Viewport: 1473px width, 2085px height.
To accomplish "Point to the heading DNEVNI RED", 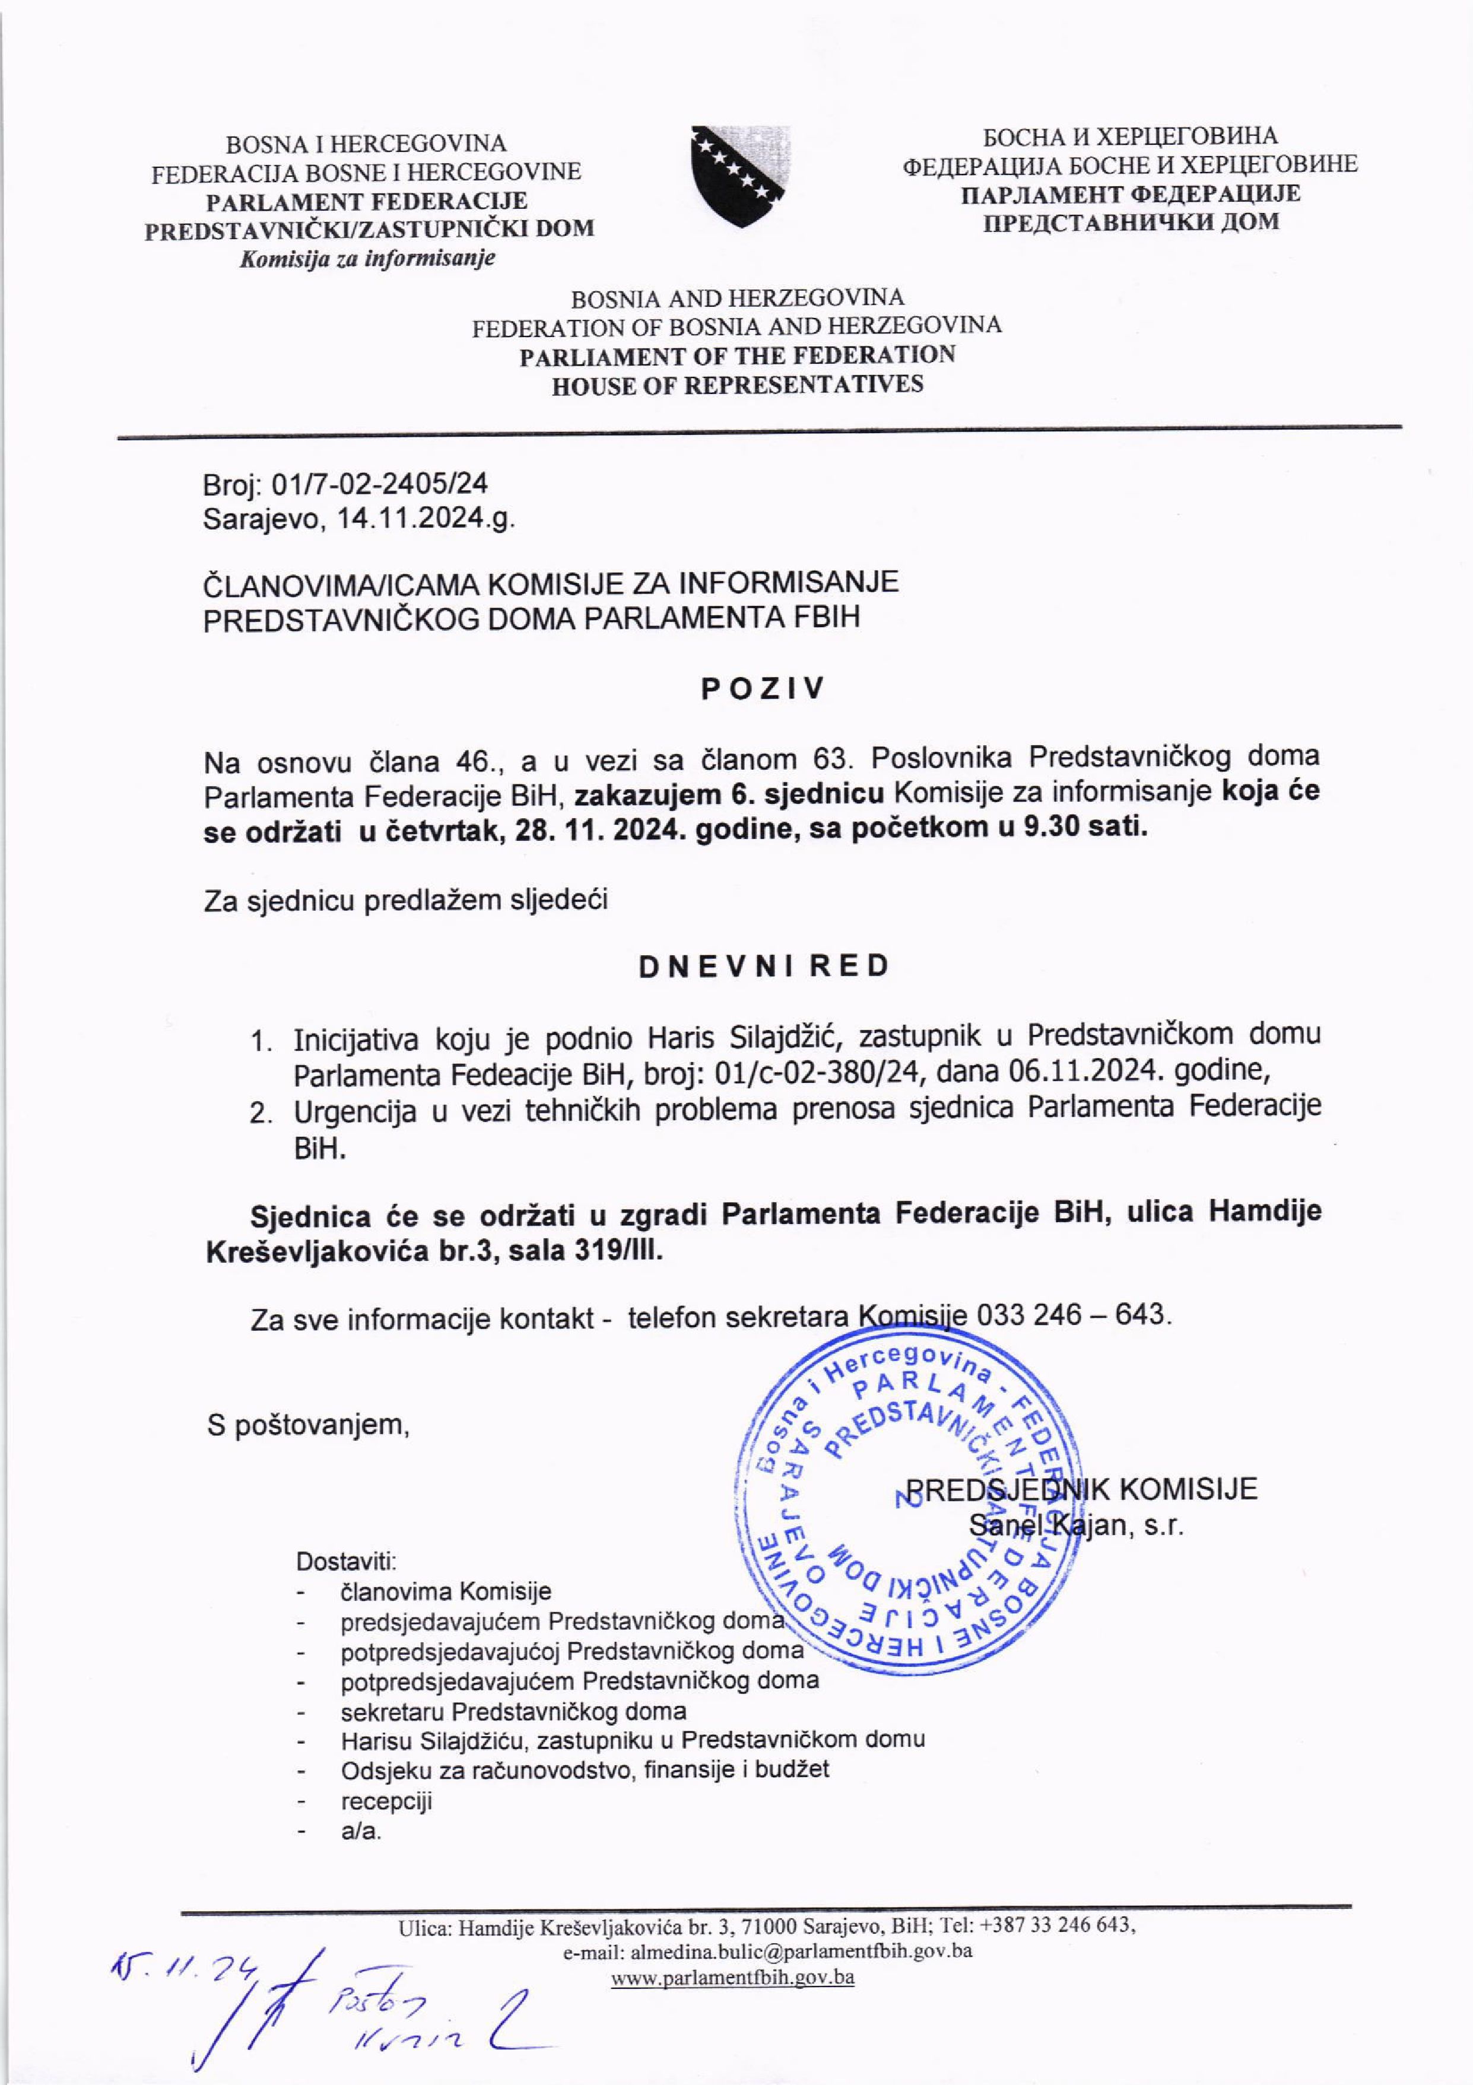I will [763, 966].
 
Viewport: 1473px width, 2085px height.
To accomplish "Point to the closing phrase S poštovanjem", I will [308, 1425].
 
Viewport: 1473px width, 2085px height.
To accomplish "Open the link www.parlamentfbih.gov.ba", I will [732, 1977].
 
